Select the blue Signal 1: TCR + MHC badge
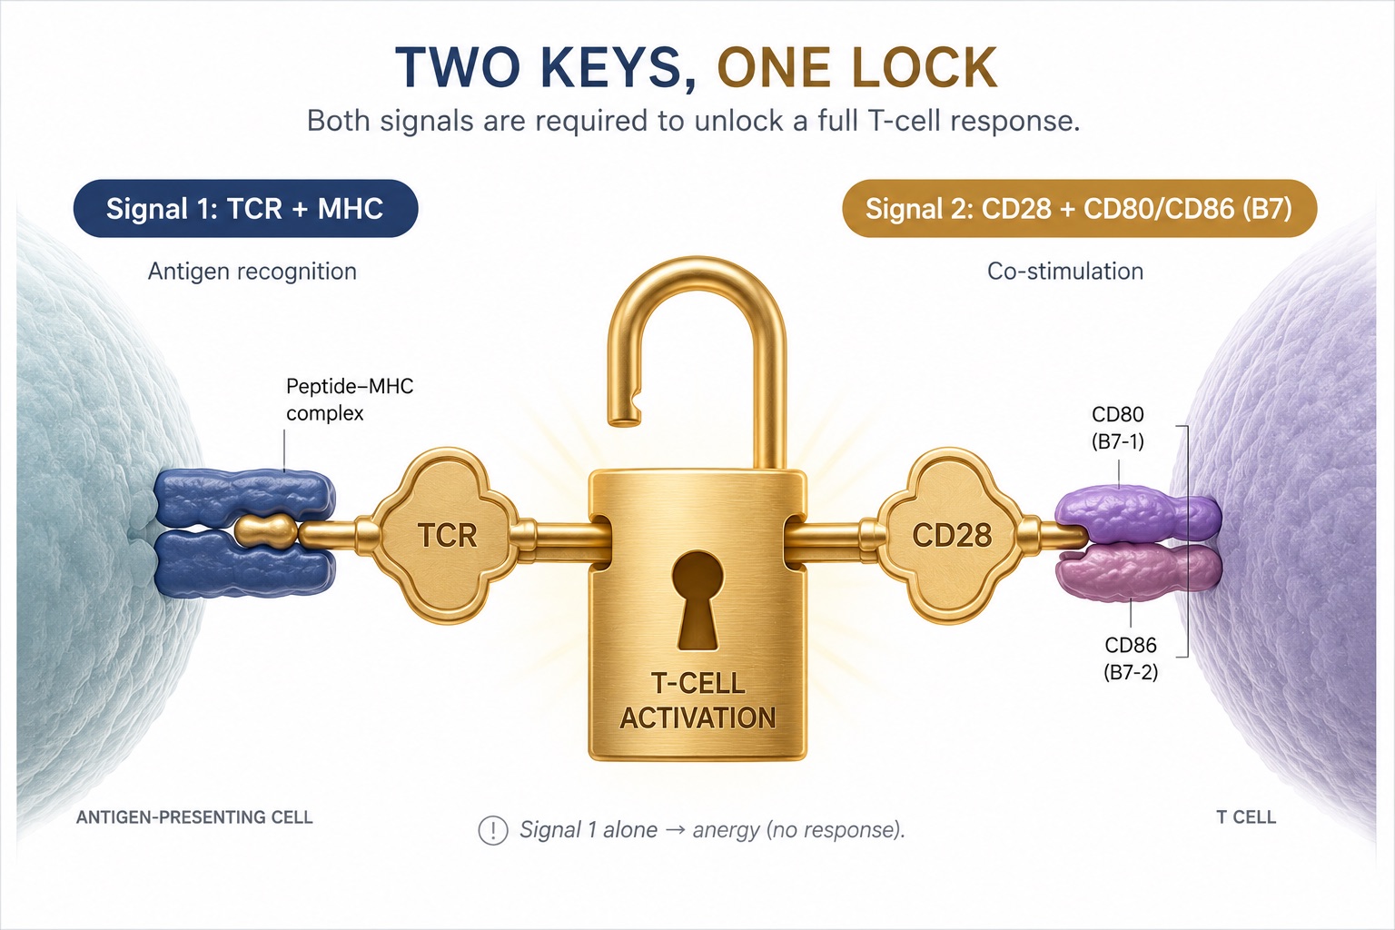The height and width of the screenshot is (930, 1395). point(245,209)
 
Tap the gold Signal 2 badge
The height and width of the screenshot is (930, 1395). point(1079,209)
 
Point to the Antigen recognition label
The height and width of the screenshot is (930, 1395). point(252,272)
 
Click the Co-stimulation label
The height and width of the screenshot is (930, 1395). point(1065,272)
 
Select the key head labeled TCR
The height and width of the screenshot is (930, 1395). point(447,536)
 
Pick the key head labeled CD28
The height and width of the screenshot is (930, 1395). point(952,536)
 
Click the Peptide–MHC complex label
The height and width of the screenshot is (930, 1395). point(350,400)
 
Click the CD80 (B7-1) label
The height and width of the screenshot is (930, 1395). point(1118,428)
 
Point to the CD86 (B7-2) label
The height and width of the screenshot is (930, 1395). point(1131,658)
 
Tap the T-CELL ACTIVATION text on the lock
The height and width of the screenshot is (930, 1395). point(698,701)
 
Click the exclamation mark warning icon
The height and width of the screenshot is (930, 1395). point(492,830)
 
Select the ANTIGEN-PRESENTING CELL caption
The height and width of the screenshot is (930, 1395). point(194,817)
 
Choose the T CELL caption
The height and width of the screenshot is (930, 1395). point(1246,817)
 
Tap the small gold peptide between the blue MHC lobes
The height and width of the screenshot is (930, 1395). point(266,531)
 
